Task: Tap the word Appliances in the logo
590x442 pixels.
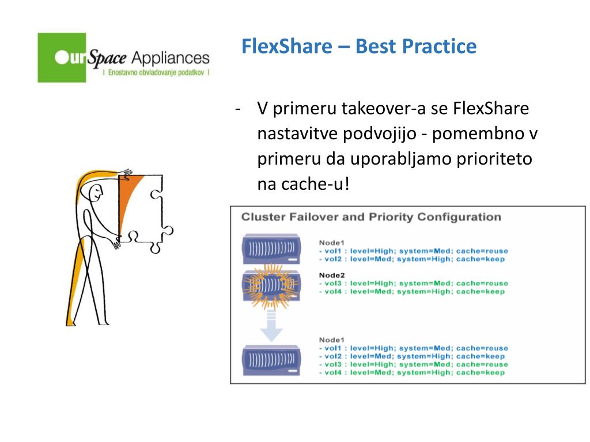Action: [x=171, y=58]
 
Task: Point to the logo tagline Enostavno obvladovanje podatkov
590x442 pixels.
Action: [x=155, y=74]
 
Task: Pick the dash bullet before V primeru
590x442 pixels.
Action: [x=237, y=108]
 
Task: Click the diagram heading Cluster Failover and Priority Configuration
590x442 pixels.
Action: [x=370, y=217]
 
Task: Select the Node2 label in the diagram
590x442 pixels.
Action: [x=331, y=275]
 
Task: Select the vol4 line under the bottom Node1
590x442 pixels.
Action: [x=412, y=372]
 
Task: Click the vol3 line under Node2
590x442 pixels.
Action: [x=413, y=283]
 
